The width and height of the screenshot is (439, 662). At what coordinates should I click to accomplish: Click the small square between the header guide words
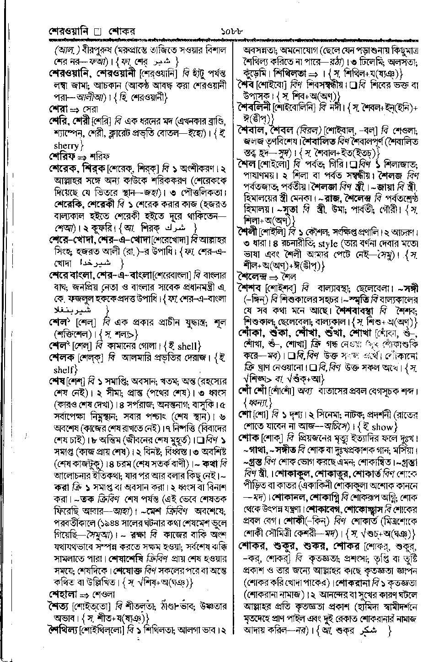pos(96,33)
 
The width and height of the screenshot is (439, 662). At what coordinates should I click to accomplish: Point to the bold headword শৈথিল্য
pos(63,630)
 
